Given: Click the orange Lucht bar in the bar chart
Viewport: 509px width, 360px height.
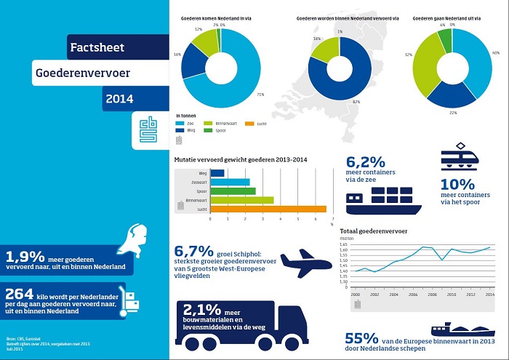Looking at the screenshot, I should click(268, 209).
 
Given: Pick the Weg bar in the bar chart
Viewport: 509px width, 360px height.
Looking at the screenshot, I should click(217, 172).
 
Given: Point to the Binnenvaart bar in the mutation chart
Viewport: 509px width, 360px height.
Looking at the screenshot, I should click(241, 199).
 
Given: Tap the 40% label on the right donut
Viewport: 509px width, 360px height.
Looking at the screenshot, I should click(496, 52).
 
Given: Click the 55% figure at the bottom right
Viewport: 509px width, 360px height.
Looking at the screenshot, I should click(360, 338).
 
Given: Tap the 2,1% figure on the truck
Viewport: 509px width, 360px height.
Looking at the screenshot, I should click(199, 308).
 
